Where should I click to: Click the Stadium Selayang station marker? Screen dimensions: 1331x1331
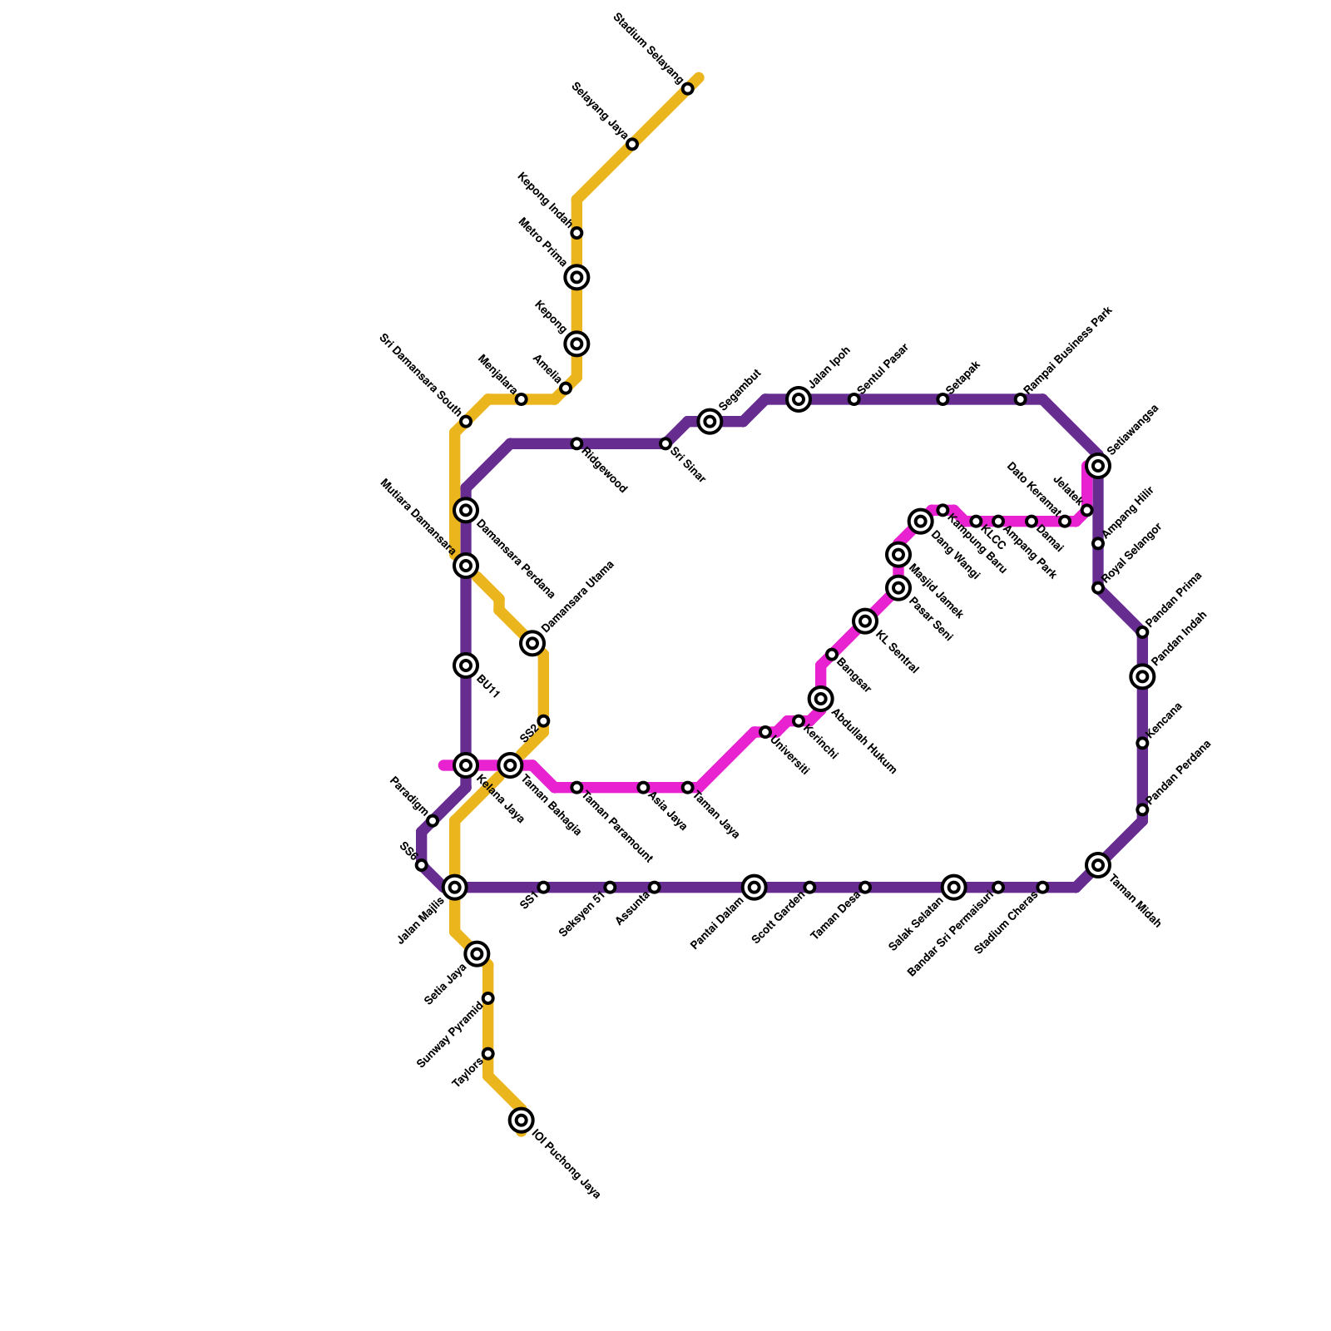688,89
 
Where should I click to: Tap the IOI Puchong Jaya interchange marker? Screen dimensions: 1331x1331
522,1120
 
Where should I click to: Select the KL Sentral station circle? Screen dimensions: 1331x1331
865,621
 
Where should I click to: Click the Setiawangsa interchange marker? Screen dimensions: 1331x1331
1098,466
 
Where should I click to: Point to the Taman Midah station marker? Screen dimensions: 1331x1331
1098,865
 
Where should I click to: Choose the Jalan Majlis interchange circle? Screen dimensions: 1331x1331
455,888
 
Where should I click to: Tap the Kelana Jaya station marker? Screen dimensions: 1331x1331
467,765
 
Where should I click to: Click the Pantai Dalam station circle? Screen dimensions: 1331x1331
755,888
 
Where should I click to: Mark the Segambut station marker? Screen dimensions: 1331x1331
710,422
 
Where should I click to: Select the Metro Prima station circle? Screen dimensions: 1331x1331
576,277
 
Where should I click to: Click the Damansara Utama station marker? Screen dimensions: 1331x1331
532,643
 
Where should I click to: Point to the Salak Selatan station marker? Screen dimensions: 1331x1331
954,888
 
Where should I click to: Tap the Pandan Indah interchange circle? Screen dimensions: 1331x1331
1143,676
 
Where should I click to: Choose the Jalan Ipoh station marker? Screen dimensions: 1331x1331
799,400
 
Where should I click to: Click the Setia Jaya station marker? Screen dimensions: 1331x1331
477,953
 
